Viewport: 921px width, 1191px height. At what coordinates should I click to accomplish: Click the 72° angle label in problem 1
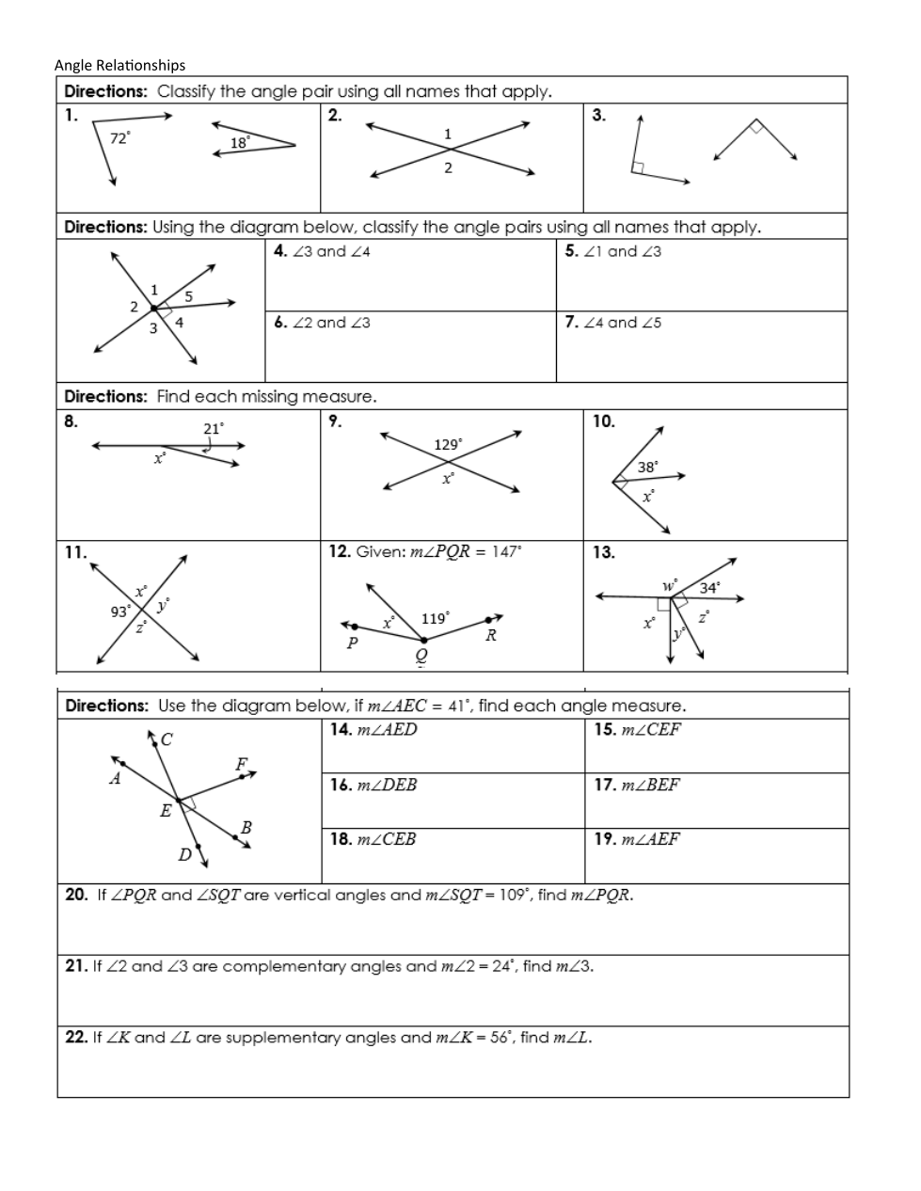[120, 138]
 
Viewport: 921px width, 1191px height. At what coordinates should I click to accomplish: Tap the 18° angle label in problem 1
[240, 143]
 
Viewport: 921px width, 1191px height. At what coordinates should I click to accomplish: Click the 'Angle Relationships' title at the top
[119, 65]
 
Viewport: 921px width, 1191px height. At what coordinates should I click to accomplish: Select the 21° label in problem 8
[214, 429]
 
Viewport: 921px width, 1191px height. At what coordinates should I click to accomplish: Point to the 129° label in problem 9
[448, 444]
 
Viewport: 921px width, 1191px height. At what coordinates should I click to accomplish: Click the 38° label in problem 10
[648, 467]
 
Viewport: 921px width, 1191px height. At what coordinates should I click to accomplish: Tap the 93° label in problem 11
[121, 611]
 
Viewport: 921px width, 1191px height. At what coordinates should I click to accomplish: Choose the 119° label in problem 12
[435, 618]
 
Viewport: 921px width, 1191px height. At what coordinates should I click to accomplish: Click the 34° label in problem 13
[710, 588]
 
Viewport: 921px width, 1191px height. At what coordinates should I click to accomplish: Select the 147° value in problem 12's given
[506, 552]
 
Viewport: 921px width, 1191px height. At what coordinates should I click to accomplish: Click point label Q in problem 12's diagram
[421, 654]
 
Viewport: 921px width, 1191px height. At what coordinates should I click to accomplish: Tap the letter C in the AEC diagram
[167, 739]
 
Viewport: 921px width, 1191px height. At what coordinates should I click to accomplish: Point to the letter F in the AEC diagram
[242, 764]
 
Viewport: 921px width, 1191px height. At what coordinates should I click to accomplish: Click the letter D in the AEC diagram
[185, 854]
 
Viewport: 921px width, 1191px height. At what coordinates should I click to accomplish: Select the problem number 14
[340, 729]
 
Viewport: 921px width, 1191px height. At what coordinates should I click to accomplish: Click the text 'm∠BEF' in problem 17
[650, 785]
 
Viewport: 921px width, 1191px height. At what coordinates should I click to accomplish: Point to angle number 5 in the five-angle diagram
[188, 295]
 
